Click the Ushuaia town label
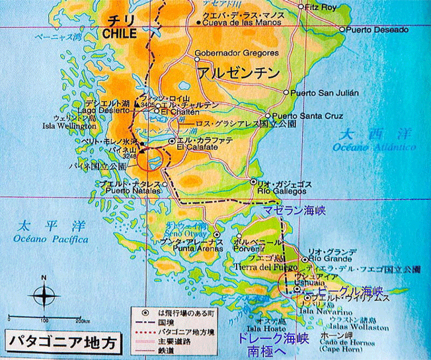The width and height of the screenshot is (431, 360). click(x=295, y=281)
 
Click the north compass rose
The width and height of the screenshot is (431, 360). click(x=44, y=292)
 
